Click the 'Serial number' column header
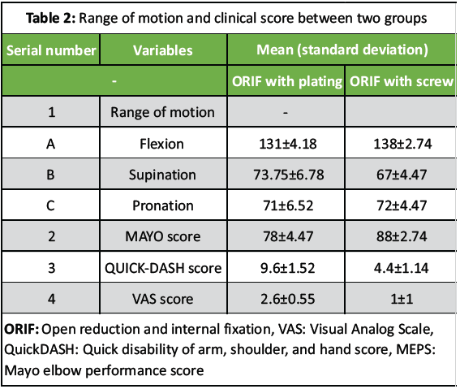[51, 50]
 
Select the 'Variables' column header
[163, 50]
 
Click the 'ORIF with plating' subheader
[286, 82]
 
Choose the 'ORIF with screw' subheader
[400, 82]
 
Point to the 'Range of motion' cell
[163, 113]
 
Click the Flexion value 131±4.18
[286, 144]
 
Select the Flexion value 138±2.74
[400, 144]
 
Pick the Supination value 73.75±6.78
[286, 175]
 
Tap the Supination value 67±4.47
[400, 175]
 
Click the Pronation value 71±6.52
[286, 205]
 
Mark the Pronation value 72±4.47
[400, 205]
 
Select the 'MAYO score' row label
[163, 236]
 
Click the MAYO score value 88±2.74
[400, 236]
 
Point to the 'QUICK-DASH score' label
[163, 267]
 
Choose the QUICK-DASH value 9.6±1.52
[286, 267]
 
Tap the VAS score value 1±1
[400, 298]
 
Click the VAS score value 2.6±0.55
[286, 298]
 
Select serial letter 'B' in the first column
[51, 175]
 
